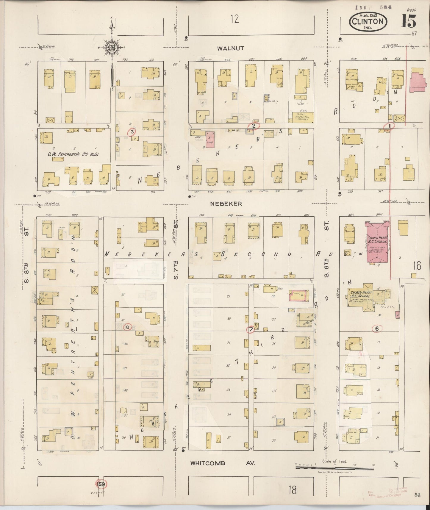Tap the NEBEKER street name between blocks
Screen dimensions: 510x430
(226, 204)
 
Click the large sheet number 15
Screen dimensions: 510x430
(409, 21)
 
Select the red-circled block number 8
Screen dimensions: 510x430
(128, 327)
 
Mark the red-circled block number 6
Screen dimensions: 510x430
(377, 328)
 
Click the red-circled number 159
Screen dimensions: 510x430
(101, 484)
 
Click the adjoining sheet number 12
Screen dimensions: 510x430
(234, 20)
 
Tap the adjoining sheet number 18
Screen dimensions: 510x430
(293, 490)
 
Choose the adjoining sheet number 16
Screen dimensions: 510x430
(417, 266)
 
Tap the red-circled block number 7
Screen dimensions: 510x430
(251, 329)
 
